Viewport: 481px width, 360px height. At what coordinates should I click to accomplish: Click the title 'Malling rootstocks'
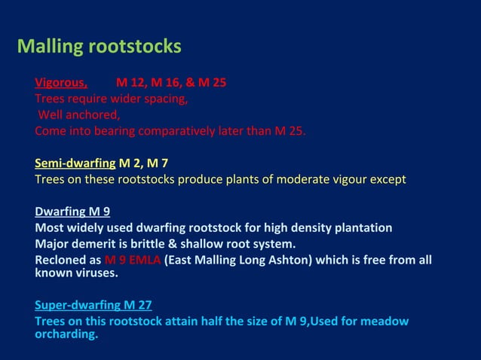click(99, 47)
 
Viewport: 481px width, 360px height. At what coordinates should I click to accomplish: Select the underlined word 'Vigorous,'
click(61, 82)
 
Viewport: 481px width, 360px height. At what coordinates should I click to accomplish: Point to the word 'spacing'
click(164, 99)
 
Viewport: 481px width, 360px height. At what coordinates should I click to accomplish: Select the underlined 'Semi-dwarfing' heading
click(75, 163)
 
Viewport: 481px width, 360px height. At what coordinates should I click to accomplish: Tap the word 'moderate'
click(299, 179)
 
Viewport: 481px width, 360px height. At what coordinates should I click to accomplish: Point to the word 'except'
click(387, 179)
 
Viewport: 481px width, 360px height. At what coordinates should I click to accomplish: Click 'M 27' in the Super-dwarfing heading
click(137, 305)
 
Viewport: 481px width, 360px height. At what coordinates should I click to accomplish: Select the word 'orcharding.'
click(66, 334)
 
